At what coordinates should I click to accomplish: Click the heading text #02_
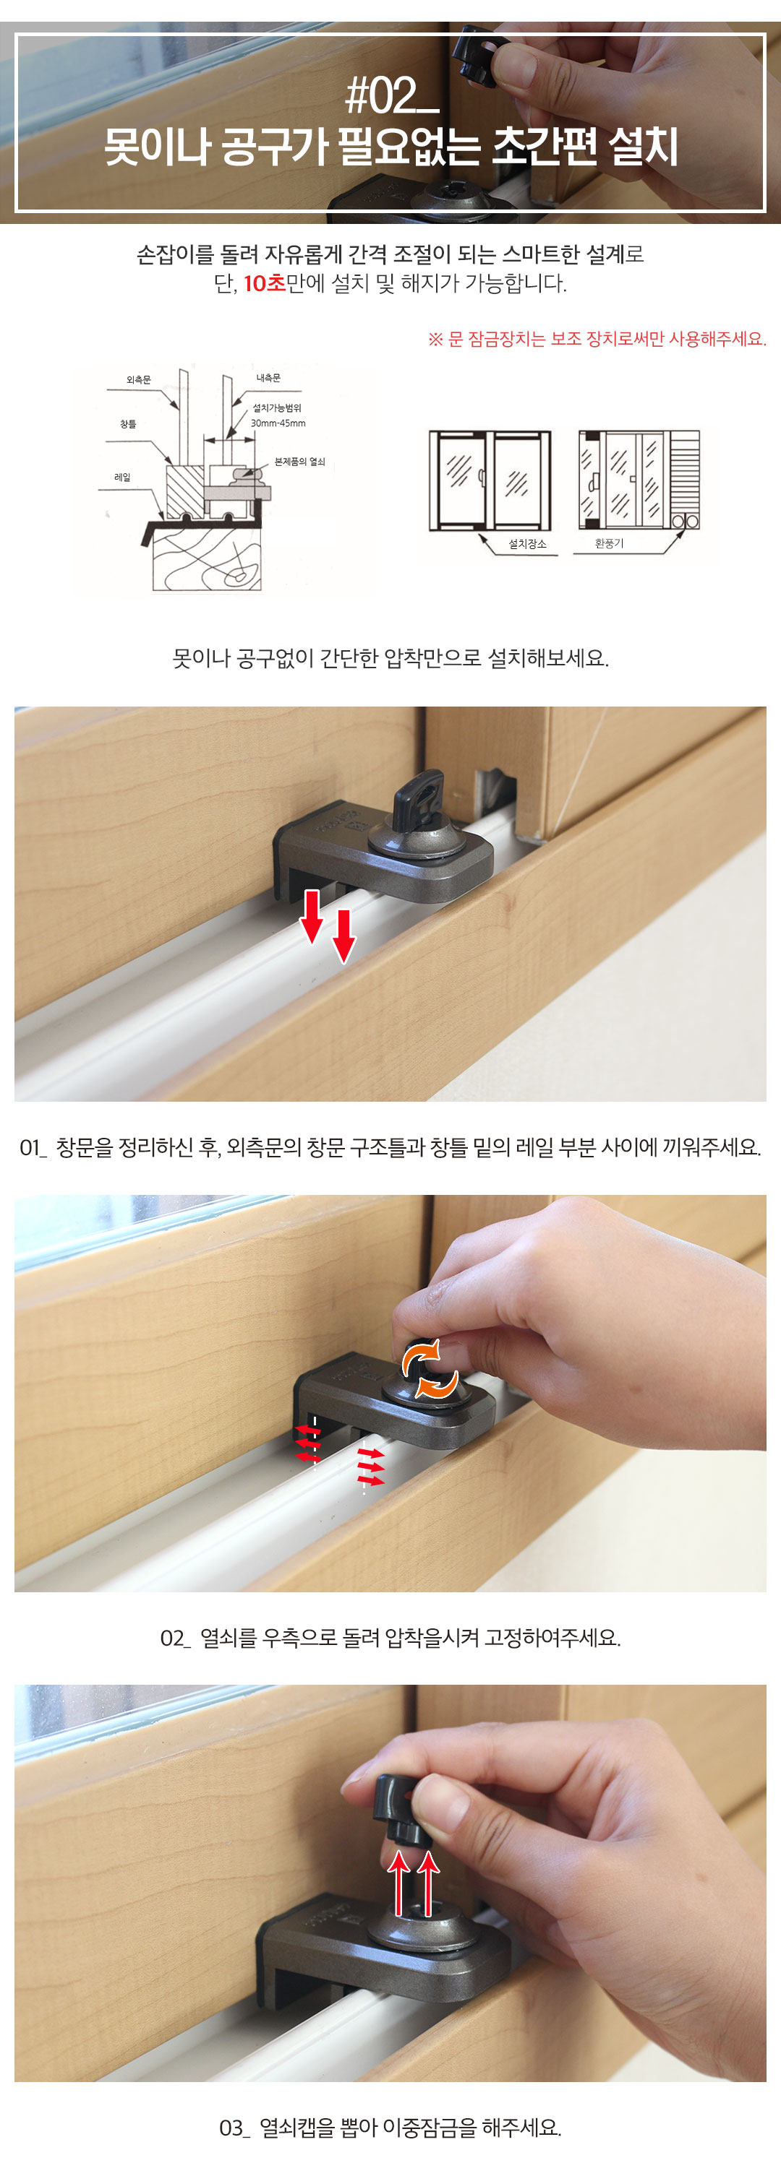(391, 95)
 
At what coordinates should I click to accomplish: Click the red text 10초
(265, 284)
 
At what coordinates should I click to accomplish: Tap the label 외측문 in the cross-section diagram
(139, 380)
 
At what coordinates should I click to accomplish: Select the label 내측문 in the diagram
(269, 378)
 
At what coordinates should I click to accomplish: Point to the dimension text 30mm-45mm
(278, 423)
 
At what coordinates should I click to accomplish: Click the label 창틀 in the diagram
(127, 424)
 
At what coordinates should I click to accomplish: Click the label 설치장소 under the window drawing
(527, 544)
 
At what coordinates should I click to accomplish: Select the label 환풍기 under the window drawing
(609, 543)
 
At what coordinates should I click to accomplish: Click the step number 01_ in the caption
(33, 1147)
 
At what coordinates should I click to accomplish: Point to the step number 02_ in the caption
(175, 1638)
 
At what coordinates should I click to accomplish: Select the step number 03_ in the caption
(234, 2128)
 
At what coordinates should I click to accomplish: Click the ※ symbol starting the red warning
(435, 340)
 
